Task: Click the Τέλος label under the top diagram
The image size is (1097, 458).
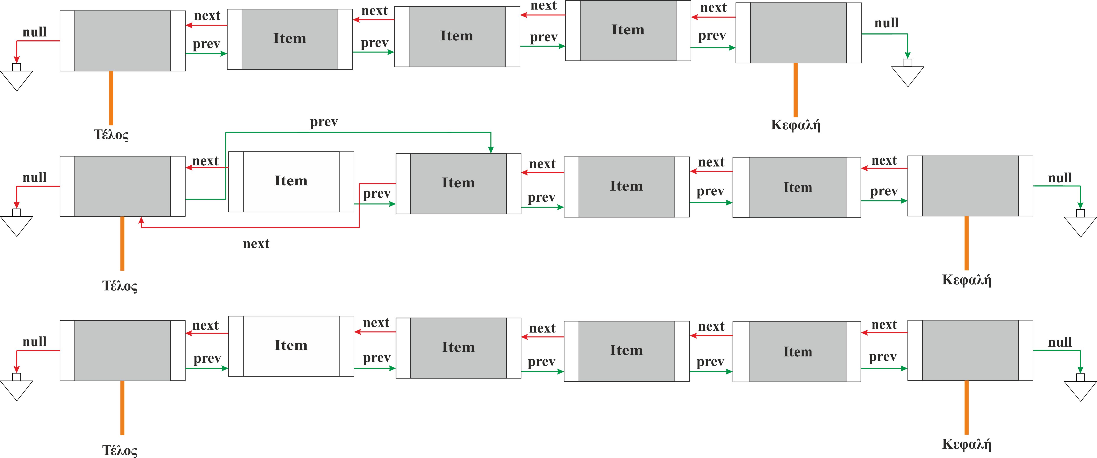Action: click(x=111, y=135)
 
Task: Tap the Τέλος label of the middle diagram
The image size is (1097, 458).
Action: click(x=120, y=286)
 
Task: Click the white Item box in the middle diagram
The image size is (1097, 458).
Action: click(x=291, y=181)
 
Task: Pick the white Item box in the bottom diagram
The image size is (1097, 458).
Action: click(x=291, y=346)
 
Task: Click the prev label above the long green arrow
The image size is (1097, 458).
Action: click(x=324, y=122)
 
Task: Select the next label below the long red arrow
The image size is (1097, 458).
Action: click(x=256, y=244)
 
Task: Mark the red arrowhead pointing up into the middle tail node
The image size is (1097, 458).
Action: click(x=141, y=220)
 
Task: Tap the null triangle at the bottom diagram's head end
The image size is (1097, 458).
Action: click(x=1080, y=389)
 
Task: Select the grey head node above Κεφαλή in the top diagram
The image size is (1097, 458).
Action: click(x=798, y=33)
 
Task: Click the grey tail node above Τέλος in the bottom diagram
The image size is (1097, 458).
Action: click(x=123, y=350)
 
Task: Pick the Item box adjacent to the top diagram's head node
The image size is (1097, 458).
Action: click(x=628, y=30)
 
